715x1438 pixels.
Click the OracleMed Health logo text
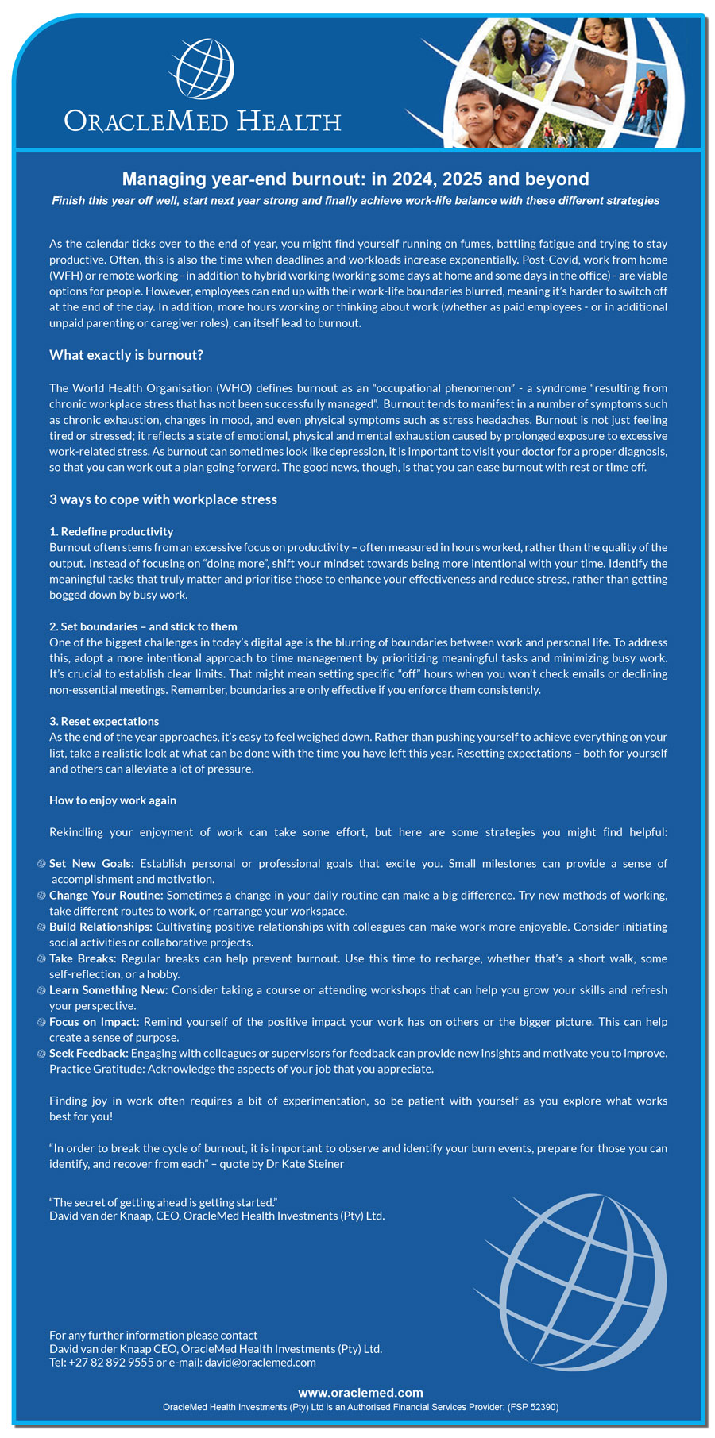(203, 121)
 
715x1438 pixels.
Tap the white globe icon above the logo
(203, 67)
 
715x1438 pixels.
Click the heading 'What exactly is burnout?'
(126, 355)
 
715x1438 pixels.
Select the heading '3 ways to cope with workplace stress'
(163, 499)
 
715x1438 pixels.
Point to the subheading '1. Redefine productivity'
(111, 531)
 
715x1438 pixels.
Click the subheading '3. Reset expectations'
(104, 721)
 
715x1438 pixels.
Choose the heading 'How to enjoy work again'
(113, 800)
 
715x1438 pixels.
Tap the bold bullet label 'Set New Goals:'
(91, 864)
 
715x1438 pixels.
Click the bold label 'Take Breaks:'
(83, 958)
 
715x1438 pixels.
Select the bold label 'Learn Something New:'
(108, 990)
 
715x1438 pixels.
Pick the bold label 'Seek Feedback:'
(88, 1054)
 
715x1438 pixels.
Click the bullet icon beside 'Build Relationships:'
(42, 927)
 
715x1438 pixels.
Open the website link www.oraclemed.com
(360, 1392)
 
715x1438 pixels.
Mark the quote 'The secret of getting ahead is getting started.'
(163, 1202)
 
